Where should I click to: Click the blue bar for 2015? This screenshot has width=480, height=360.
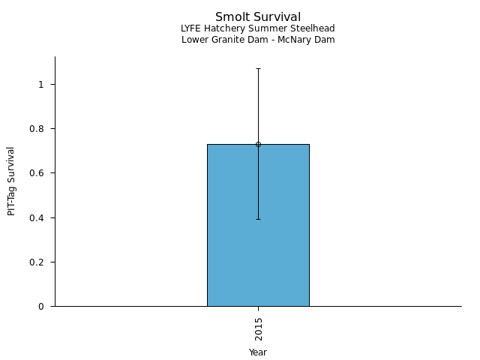click(258, 225)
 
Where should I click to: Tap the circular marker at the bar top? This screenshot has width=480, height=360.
click(258, 144)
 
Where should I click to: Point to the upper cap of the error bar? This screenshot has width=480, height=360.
click(258, 69)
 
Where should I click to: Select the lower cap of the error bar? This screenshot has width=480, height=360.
click(258, 219)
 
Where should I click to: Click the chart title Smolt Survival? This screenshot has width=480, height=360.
click(258, 17)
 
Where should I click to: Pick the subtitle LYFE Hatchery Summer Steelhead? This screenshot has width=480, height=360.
click(258, 28)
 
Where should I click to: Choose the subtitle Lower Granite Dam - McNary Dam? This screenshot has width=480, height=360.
click(258, 40)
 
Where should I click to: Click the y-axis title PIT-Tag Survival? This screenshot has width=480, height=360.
click(11, 181)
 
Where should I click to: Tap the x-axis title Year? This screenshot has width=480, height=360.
click(258, 352)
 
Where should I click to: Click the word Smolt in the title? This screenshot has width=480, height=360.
click(230, 17)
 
